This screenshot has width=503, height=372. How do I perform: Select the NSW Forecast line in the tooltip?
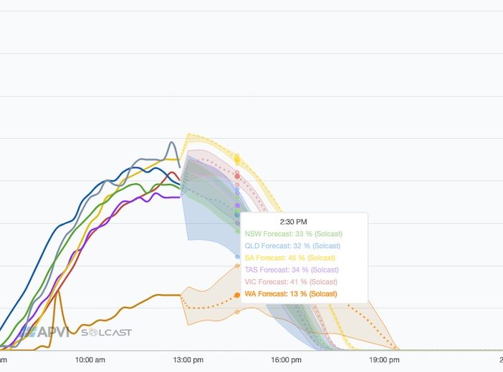click(294, 234)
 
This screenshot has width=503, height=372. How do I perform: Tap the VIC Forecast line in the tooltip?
click(292, 282)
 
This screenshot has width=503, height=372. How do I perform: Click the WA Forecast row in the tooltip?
click(291, 294)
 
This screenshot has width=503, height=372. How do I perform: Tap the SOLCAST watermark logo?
click(106, 333)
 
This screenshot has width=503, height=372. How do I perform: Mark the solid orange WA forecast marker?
click(237, 295)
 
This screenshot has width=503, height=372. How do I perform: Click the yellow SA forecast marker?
click(237, 160)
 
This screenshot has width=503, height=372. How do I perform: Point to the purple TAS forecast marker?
click(237, 206)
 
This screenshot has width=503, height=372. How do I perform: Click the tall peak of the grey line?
click(172, 142)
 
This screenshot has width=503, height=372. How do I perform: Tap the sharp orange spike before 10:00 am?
click(57, 291)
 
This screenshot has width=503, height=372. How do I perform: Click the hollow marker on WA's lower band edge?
click(237, 312)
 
